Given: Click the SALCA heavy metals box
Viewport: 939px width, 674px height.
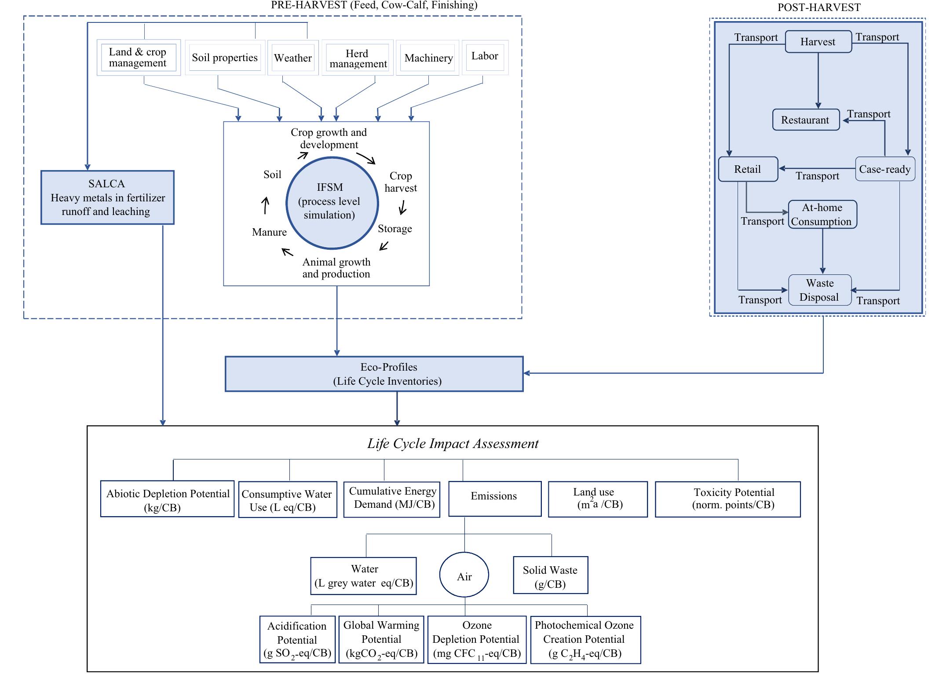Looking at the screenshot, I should (107, 197).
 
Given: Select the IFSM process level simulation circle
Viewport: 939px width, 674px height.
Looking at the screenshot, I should (332, 203).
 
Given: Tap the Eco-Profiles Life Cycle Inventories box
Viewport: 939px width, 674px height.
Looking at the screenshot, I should (374, 374).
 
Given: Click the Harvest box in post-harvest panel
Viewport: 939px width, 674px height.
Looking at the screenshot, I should (818, 42).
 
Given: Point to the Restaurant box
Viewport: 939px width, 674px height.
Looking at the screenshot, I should (806, 120).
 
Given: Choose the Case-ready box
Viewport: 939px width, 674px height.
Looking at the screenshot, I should (885, 169).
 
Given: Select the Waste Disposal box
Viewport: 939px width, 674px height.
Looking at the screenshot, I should (820, 290).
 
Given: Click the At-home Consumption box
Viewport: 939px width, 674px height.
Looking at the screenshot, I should (822, 215).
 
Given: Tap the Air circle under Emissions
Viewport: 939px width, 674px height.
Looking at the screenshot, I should (464, 575).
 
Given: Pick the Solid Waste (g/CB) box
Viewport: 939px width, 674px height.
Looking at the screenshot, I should (550, 576).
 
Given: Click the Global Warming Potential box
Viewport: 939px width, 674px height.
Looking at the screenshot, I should (381, 639).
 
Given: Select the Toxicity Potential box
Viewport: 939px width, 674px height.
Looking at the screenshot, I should (727, 499).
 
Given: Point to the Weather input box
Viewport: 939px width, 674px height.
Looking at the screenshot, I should (293, 58).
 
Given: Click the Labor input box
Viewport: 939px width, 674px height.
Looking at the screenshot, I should (485, 56).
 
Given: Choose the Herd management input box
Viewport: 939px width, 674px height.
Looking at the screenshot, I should (358, 58).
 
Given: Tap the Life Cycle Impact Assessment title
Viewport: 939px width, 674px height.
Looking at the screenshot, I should (453, 444).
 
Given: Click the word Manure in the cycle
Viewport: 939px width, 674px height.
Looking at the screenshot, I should (269, 232).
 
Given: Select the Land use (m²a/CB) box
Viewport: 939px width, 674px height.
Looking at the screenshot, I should (598, 499).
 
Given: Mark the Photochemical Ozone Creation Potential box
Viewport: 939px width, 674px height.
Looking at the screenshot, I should (585, 639).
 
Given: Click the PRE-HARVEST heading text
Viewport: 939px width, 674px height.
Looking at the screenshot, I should (374, 5).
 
